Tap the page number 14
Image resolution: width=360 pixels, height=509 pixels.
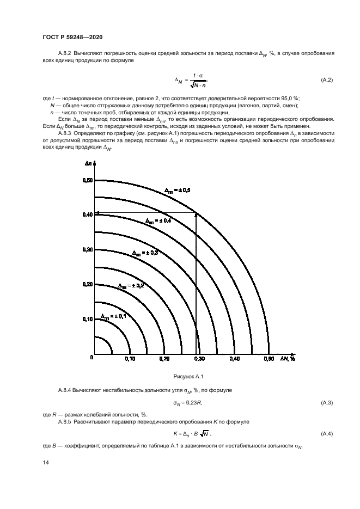[x=46, y=462]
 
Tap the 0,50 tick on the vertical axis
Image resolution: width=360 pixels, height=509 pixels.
[x=87, y=180]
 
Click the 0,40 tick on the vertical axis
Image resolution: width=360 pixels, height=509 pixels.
[x=87, y=214]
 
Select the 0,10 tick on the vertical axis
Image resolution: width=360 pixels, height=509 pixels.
[x=87, y=319]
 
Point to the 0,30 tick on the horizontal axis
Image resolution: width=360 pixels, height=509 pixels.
[x=199, y=359]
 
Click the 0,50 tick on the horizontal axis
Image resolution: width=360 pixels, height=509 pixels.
[x=269, y=359]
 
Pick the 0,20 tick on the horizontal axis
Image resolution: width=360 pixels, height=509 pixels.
[x=164, y=359]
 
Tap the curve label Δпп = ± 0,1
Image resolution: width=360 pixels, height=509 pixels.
[x=113, y=316]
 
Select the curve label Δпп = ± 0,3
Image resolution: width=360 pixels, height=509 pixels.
[x=145, y=253]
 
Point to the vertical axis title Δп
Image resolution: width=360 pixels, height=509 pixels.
[x=88, y=163]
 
